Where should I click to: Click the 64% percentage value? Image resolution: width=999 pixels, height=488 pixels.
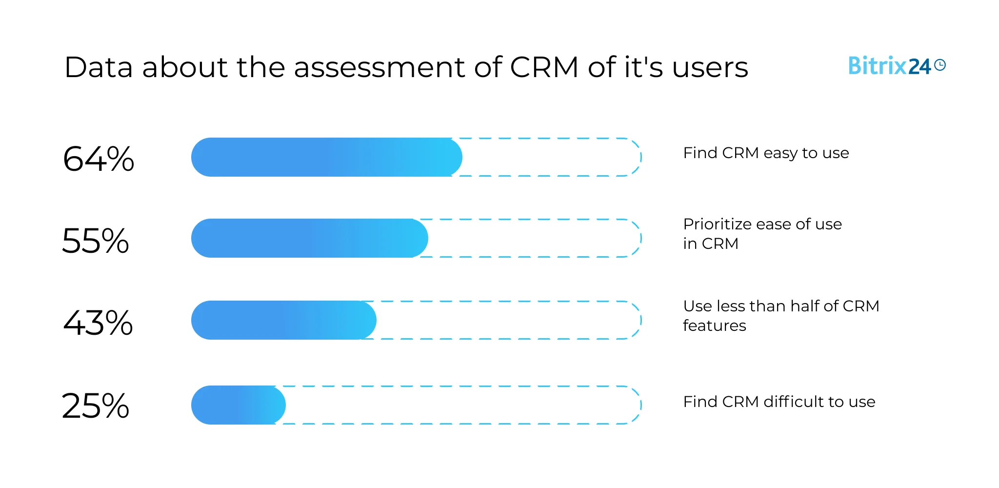point(99,159)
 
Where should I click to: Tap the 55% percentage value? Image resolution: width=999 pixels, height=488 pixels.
point(96,241)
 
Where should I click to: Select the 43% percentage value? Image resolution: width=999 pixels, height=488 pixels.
point(98,323)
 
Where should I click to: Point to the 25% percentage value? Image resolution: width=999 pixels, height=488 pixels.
point(96,406)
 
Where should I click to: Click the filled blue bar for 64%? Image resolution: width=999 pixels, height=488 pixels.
point(326,157)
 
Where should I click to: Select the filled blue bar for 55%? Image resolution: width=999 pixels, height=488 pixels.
point(309,238)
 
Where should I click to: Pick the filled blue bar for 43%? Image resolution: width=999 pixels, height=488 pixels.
point(283,320)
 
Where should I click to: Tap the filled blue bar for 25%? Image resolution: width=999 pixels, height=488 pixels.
point(238,405)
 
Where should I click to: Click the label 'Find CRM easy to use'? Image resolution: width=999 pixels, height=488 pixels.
point(766,153)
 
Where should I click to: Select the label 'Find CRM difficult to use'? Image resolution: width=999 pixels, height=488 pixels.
point(779,402)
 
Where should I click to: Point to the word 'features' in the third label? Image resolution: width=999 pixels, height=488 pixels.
point(714,325)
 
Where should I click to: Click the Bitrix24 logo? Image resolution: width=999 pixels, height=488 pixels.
point(897,66)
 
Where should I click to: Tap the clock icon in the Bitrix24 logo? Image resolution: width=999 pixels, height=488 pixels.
point(940,65)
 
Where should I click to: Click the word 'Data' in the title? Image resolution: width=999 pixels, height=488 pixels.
point(98,67)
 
